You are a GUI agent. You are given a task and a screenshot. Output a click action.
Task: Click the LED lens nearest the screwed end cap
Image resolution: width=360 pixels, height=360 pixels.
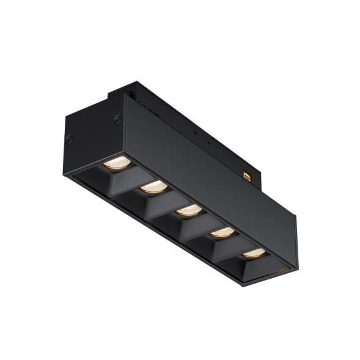(x=117, y=163)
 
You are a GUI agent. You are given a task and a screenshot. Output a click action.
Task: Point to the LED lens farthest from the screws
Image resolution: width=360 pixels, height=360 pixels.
(x=253, y=252)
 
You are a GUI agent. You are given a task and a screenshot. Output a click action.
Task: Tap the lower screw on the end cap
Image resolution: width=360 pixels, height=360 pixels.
(x=70, y=139)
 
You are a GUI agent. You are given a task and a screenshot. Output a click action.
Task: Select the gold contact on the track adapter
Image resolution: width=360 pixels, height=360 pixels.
(x=248, y=175)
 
